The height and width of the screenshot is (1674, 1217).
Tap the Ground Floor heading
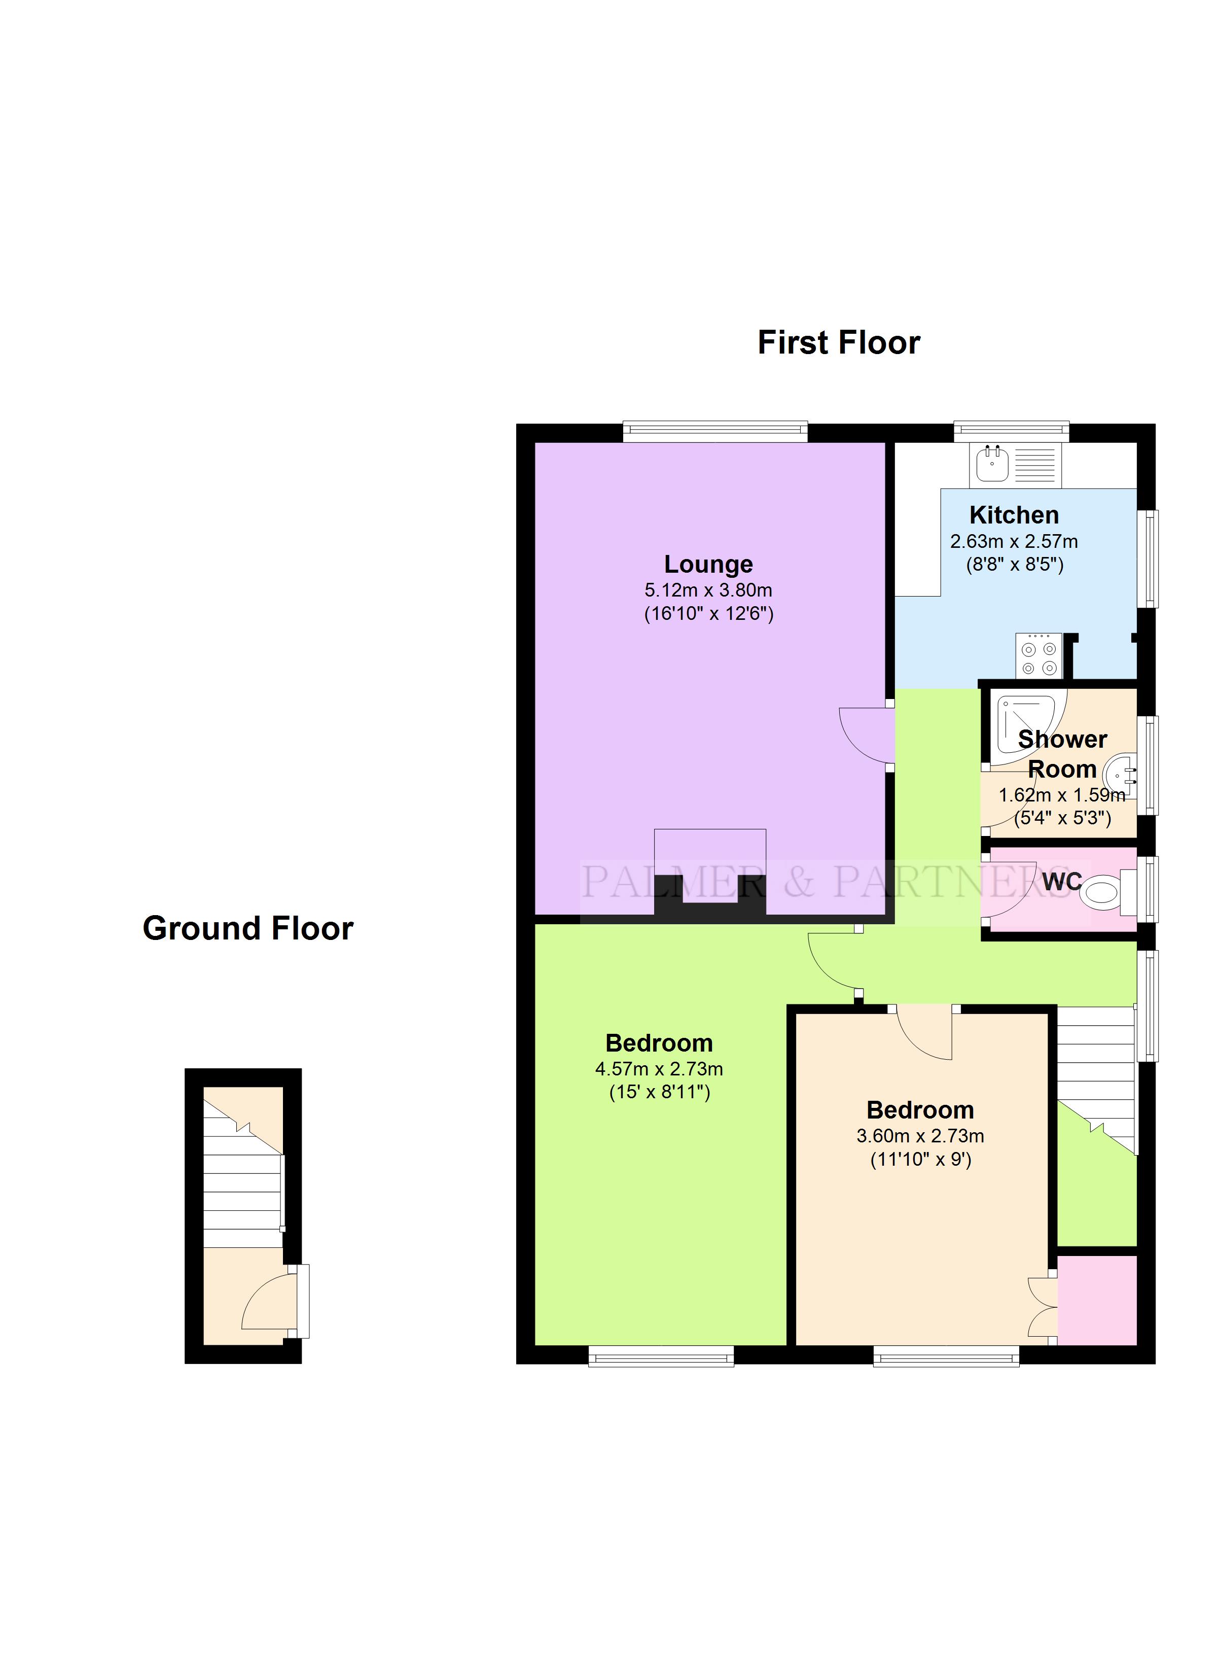tap(248, 928)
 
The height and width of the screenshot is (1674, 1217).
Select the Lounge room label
tap(708, 564)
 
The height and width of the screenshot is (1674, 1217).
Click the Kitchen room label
tap(1014, 514)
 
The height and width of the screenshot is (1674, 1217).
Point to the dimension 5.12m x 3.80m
tap(708, 590)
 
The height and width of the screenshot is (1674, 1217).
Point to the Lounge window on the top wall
tap(715, 431)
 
